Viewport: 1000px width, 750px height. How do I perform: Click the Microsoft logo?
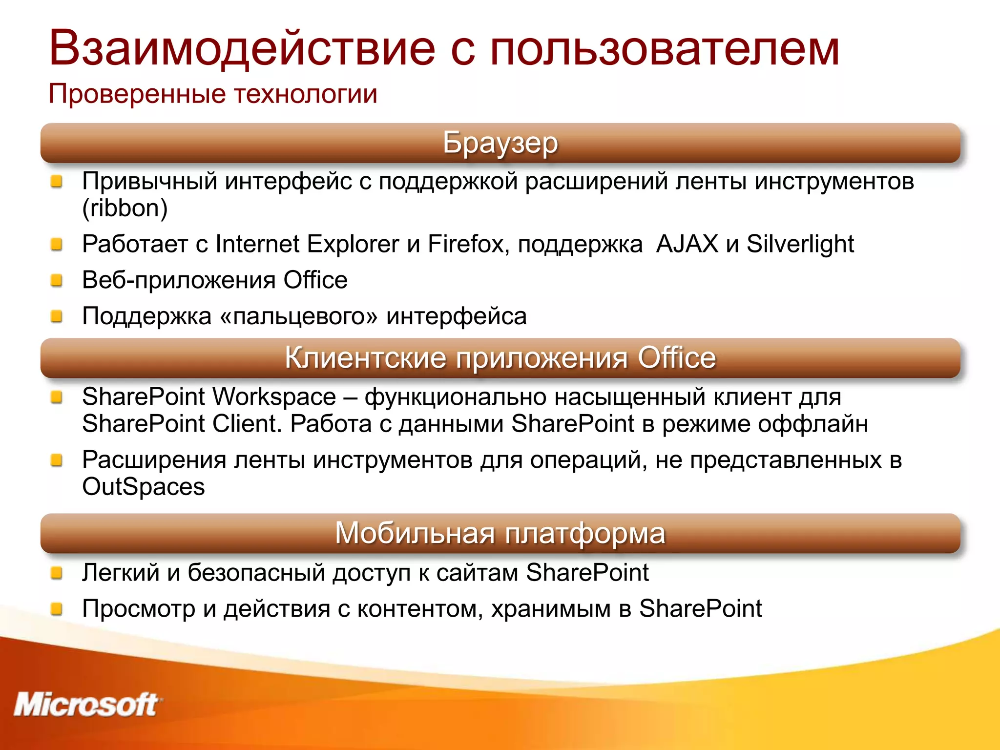tap(86, 705)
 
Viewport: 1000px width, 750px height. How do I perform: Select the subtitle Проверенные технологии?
tap(213, 94)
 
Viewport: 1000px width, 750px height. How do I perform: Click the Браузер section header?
tap(500, 143)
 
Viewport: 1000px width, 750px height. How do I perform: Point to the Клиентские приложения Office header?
tap(500, 358)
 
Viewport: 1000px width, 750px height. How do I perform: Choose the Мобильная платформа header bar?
tap(500, 533)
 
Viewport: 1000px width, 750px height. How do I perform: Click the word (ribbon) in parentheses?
tap(125, 208)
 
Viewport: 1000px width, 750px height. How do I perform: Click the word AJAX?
tap(687, 244)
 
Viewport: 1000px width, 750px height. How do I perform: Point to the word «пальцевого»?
tap(299, 316)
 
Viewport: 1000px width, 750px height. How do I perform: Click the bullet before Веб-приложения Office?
tap(57, 280)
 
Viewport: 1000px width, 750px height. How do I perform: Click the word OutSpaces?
tap(144, 487)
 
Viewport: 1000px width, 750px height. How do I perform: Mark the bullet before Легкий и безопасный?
tap(57, 572)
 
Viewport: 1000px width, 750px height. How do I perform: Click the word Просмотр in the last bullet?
tap(139, 609)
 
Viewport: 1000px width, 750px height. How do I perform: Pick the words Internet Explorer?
tap(307, 244)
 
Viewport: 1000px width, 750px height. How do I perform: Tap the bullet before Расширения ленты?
tap(57, 460)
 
